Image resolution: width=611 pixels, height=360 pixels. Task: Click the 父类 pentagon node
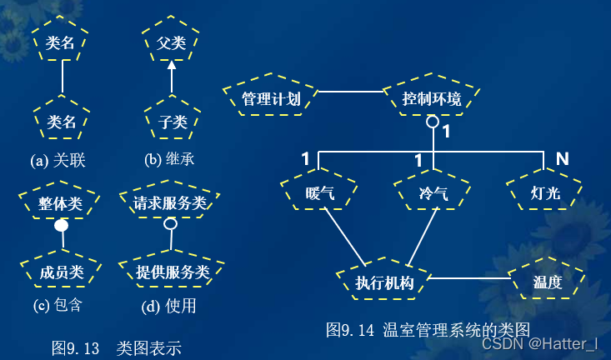tap(171, 42)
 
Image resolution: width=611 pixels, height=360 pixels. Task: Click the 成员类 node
tap(62, 272)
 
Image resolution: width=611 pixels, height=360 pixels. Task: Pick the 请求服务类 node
tap(170, 203)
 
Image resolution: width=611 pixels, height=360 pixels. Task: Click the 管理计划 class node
tap(272, 99)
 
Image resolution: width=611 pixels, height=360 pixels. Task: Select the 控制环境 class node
tap(432, 99)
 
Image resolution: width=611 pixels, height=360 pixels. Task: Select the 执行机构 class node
tap(384, 282)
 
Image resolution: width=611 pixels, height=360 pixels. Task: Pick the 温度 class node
tap(547, 282)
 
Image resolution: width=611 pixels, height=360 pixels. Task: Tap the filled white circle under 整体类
tap(61, 226)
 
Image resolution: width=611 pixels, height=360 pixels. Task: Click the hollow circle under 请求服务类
tap(170, 224)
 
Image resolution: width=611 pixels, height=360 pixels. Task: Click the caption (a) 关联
tap(58, 160)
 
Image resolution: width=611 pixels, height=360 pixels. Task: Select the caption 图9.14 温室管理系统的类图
tap(428, 329)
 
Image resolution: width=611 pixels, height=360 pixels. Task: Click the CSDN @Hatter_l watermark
tap(540, 344)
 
